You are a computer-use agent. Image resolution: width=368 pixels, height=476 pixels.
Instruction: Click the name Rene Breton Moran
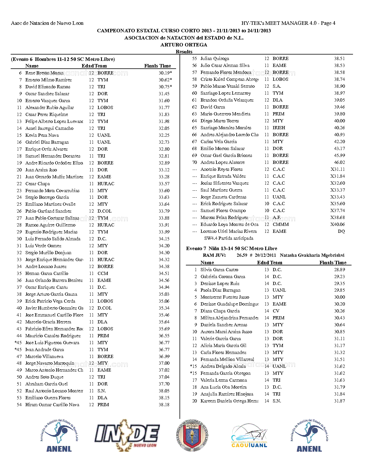pos(44,73)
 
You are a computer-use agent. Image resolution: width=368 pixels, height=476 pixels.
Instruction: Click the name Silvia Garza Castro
pos(219,270)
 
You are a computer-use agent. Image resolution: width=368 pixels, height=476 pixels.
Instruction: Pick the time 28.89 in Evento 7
pos(339,270)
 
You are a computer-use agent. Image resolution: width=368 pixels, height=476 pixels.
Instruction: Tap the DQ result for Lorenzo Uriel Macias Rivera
pos(341,231)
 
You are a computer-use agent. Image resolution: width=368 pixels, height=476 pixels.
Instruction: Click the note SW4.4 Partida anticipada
pos(229,238)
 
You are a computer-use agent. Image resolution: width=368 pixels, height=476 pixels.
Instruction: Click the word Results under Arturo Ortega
pos(184,52)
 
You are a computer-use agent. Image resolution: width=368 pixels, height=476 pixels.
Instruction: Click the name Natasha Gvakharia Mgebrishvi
pos(312,255)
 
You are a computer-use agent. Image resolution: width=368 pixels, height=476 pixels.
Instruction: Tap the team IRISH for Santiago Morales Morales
pos(279,128)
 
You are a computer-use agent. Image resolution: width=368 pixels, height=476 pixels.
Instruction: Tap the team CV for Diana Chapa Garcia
pos(276,311)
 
